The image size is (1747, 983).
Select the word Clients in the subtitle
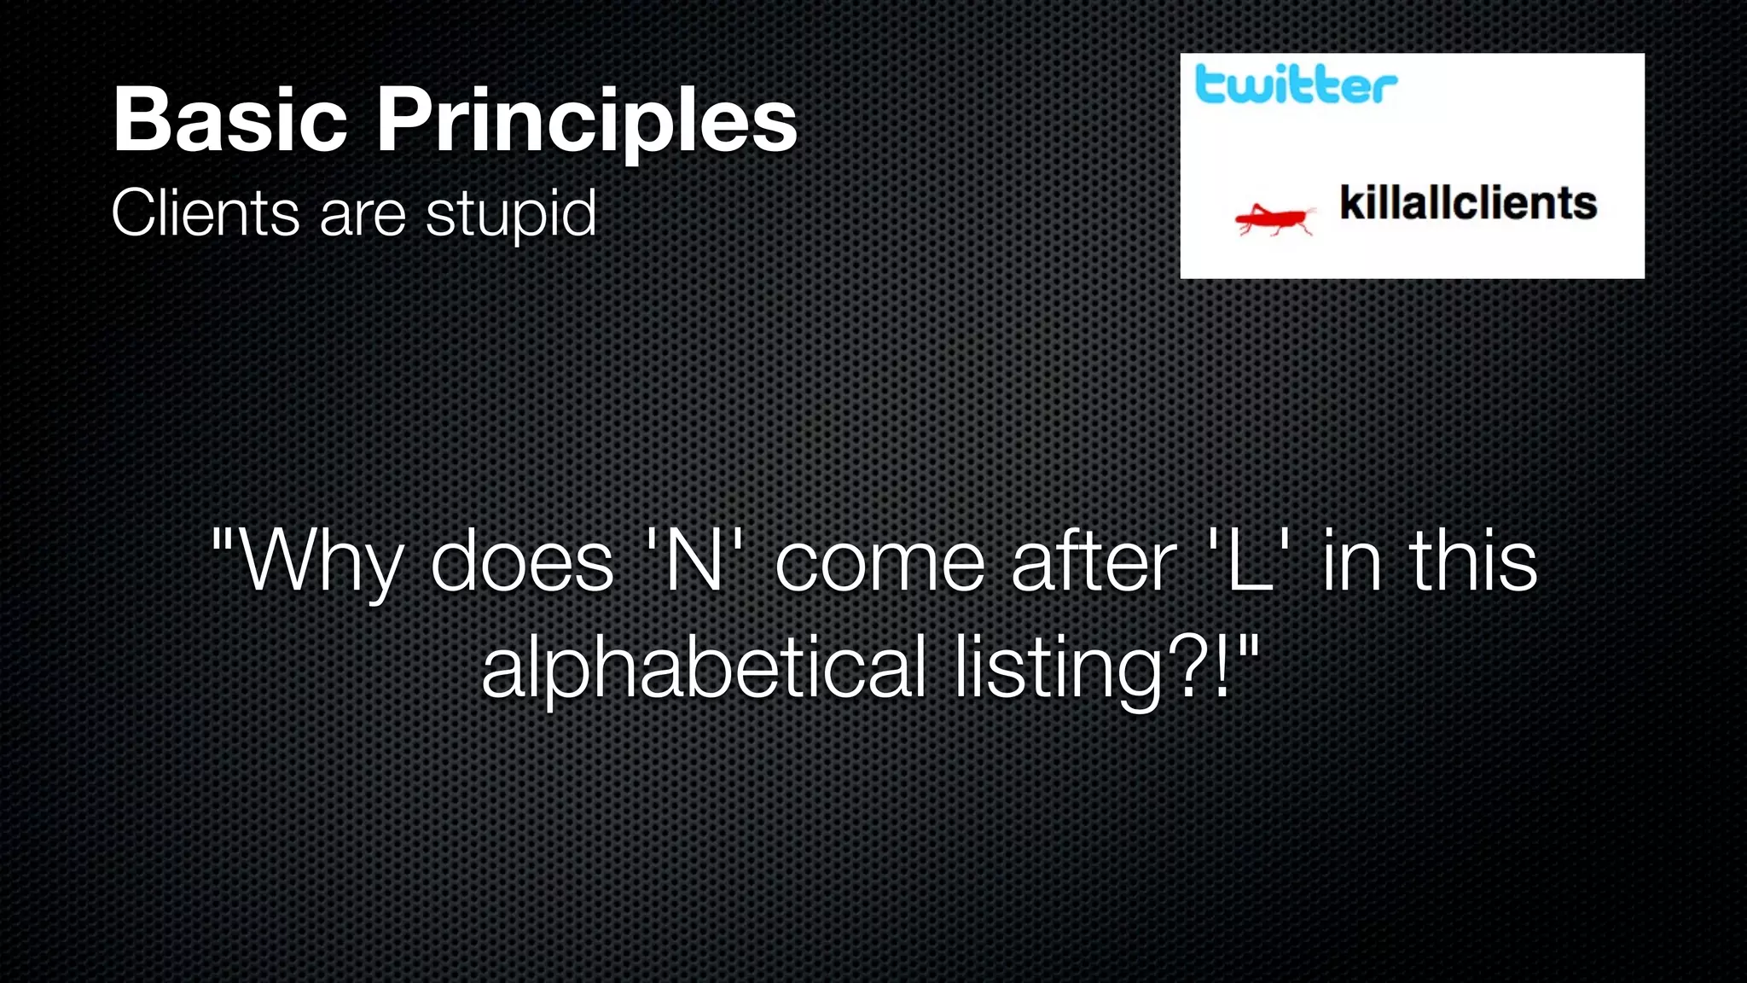[x=205, y=212]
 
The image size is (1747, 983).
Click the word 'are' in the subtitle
[x=362, y=214]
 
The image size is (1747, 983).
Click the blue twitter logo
[x=1296, y=84]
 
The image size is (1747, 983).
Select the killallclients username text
[x=1467, y=203]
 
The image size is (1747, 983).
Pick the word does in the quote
[x=521, y=562]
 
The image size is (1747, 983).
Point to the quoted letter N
[x=694, y=561]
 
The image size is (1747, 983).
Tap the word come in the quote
[x=879, y=562]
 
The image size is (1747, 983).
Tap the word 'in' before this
[x=1351, y=561]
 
